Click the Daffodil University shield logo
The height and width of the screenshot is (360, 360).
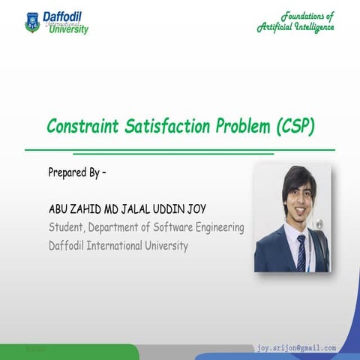pyautogui.click(x=31, y=22)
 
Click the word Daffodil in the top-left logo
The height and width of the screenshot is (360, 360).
pyautogui.click(x=64, y=15)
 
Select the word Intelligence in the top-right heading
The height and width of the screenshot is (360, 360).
pyautogui.click(x=310, y=28)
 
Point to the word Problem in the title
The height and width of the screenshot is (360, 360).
pyautogui.click(x=243, y=126)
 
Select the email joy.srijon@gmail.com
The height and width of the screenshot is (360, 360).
pyautogui.click(x=296, y=349)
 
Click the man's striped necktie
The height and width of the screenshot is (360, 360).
pyautogui.click(x=301, y=253)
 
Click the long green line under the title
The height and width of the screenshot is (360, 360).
pyautogui.click(x=180, y=150)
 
